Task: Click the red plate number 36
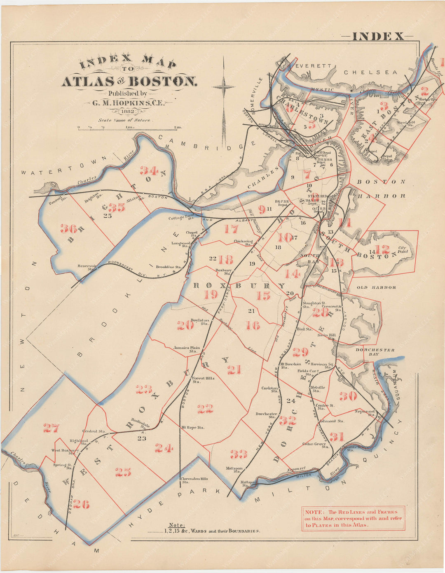68,228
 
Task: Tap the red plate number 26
81,504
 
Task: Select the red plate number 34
149,170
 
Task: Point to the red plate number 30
348,396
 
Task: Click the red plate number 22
205,409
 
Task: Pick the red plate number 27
52,429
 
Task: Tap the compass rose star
224,87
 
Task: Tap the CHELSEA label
371,72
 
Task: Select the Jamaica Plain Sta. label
187,349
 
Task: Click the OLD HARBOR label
376,287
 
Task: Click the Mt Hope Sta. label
192,428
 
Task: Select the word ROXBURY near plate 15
239,285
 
